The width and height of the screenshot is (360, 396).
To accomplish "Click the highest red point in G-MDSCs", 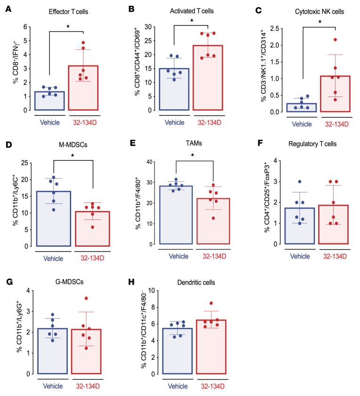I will click(x=86, y=298).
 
